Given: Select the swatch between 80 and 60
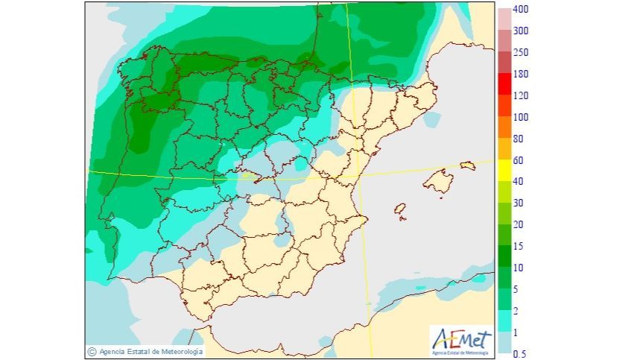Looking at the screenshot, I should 504,148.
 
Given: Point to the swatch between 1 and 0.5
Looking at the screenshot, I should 504,342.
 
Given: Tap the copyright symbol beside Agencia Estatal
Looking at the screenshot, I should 92,351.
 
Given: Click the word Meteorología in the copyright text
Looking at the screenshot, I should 179,351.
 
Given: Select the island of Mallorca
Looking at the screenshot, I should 438,181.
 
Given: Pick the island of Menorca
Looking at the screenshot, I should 467,165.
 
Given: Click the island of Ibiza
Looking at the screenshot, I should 401,212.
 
